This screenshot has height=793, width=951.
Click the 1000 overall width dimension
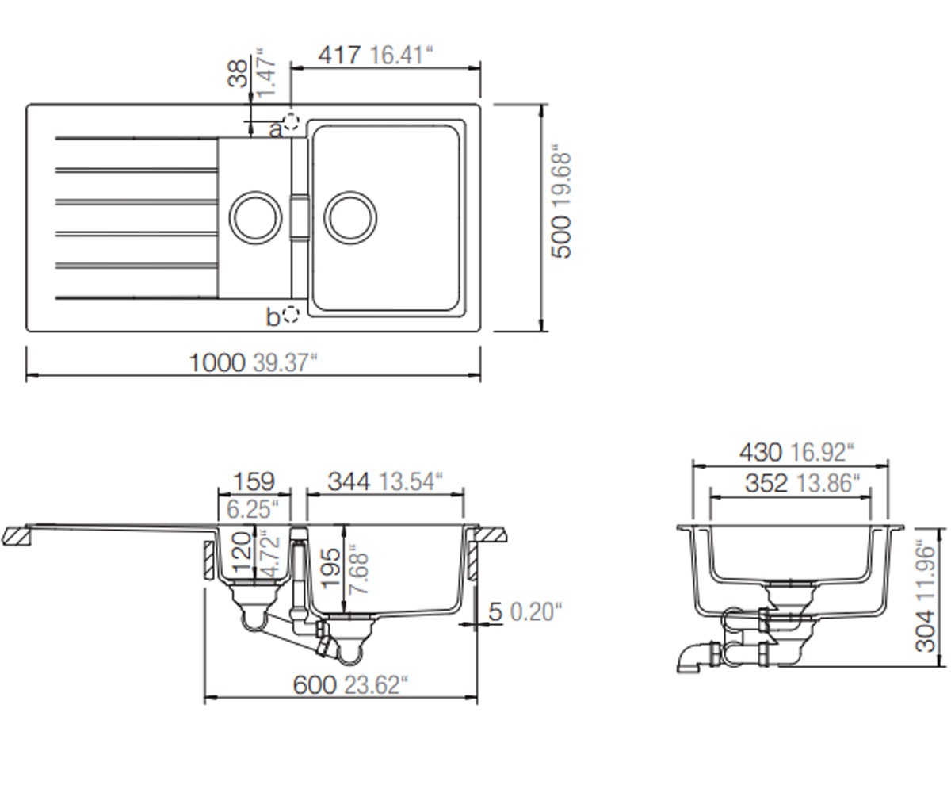217,363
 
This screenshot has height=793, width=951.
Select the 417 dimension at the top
340,56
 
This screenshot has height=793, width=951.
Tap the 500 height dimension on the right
561,237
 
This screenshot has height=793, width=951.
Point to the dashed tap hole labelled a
291,121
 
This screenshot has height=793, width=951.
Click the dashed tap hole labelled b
291,314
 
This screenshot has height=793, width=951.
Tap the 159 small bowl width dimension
254,481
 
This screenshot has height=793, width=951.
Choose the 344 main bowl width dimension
349,481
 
